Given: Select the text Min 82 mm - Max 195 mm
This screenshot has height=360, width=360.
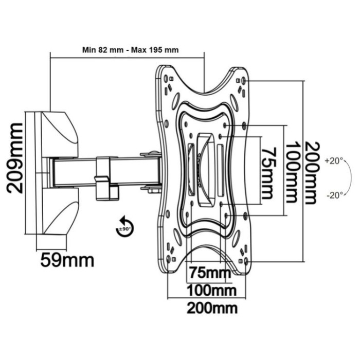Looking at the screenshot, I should (x=130, y=50).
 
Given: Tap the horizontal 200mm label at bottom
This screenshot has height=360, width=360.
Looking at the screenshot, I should (x=211, y=308).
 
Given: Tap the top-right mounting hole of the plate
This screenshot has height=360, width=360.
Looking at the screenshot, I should (x=243, y=81).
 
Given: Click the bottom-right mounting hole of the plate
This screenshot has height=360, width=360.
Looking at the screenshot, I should (x=246, y=261).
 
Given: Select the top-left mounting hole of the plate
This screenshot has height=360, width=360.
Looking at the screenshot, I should (x=167, y=78).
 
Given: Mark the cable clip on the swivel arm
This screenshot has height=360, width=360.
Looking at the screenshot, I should (x=103, y=177).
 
